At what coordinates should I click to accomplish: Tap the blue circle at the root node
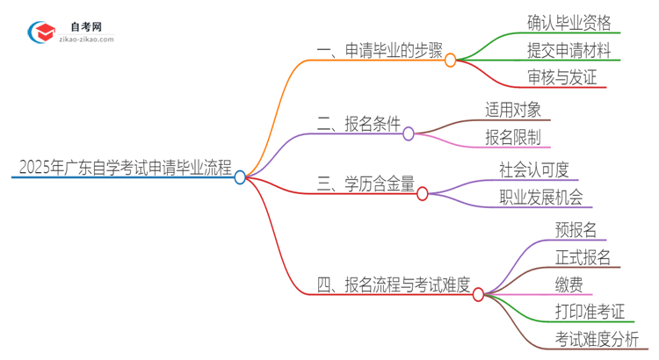240,177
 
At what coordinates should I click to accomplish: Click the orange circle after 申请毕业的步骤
451,61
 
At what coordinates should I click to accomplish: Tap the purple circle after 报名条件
408,133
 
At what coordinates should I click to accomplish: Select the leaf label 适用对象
518,109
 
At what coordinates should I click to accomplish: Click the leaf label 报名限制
518,137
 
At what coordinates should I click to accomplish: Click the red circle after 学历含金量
422,193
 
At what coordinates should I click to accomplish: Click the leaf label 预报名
576,230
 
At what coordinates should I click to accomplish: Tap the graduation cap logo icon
41,32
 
